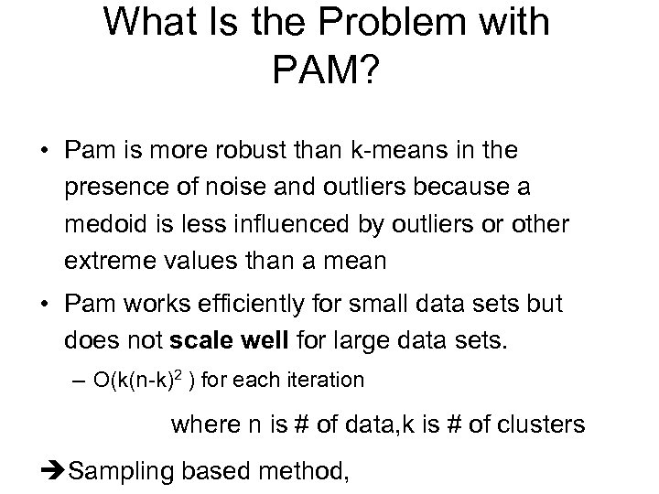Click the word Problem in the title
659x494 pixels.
click(x=389, y=22)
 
